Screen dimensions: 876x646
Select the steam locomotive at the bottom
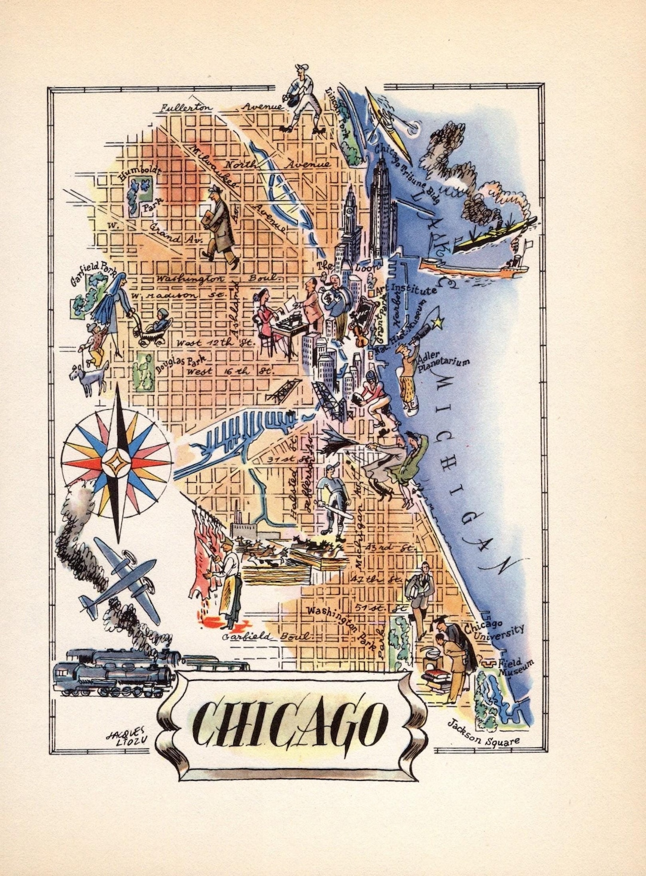click(114, 670)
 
